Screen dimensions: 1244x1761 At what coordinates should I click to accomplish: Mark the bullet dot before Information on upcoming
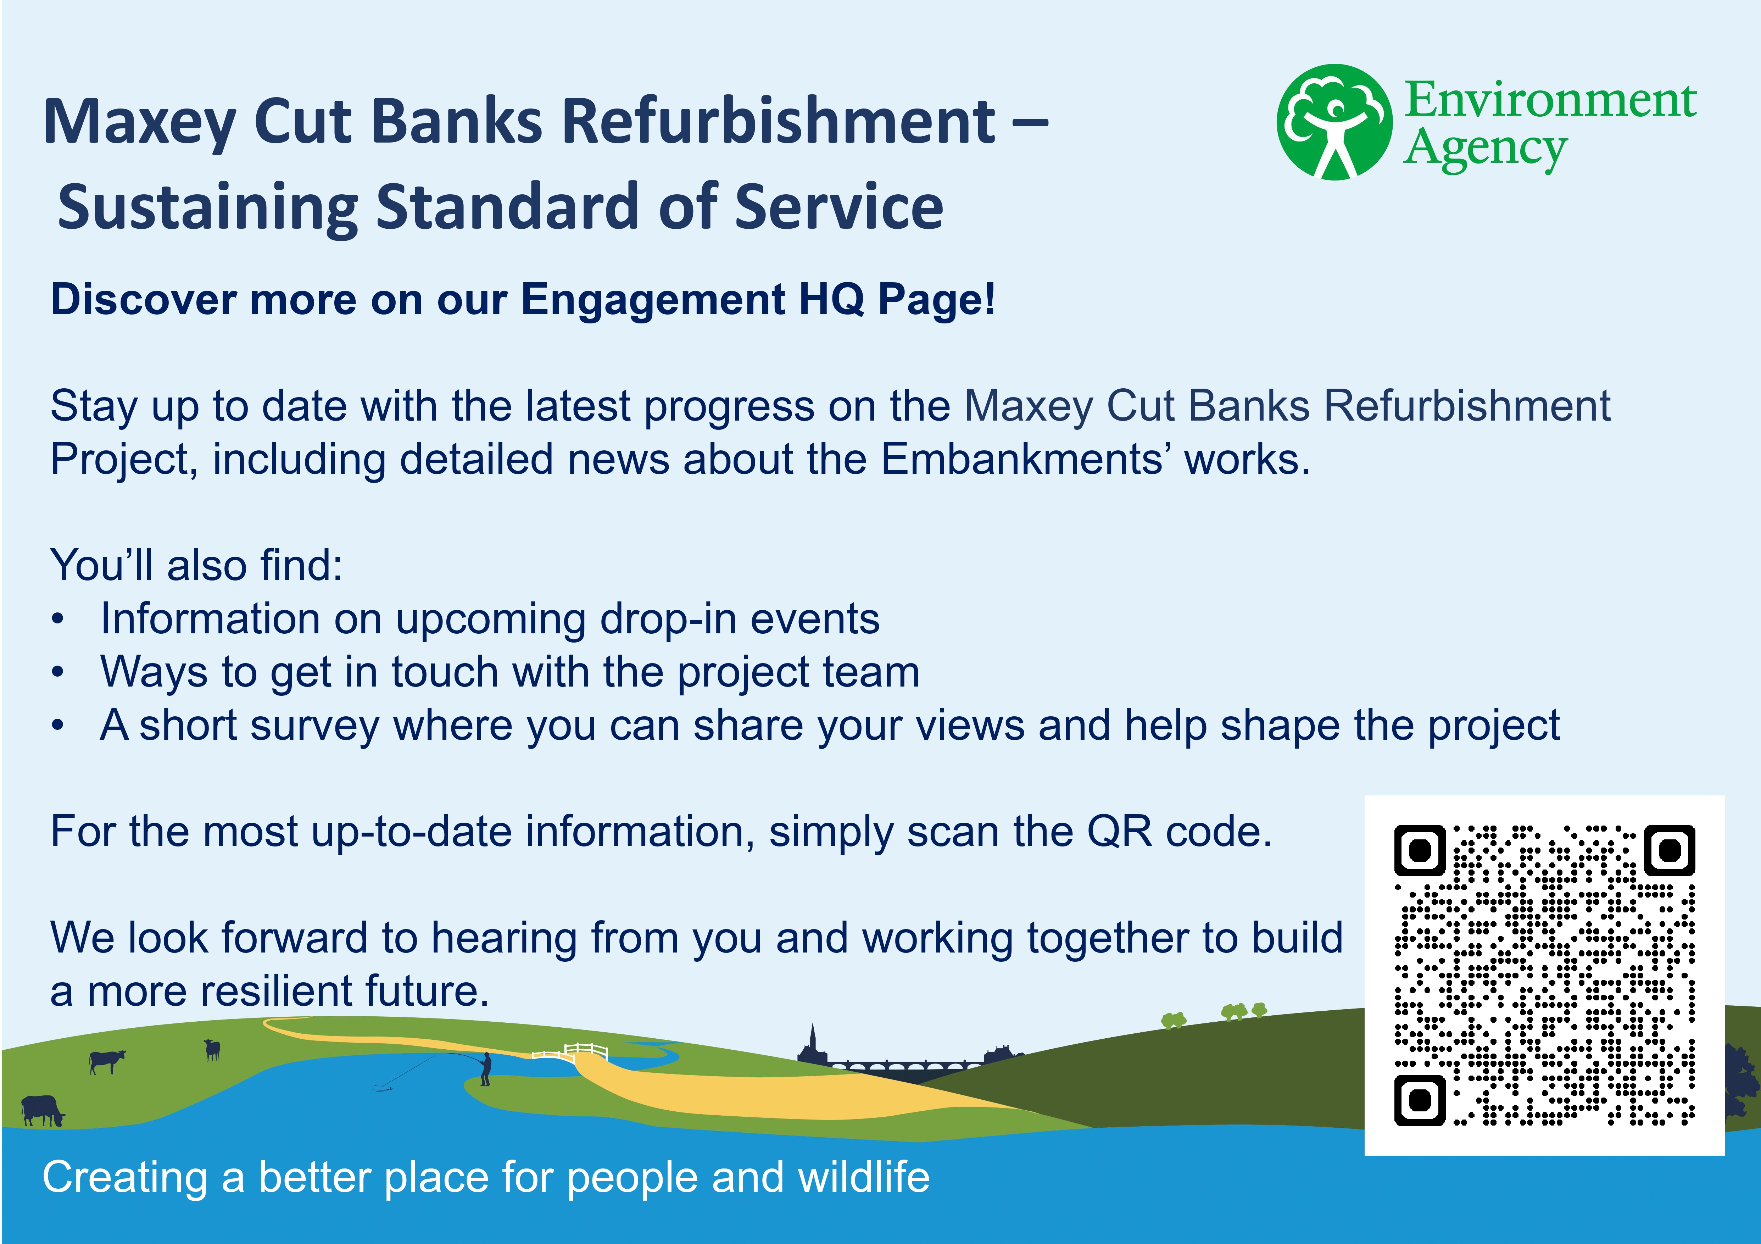(57, 620)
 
